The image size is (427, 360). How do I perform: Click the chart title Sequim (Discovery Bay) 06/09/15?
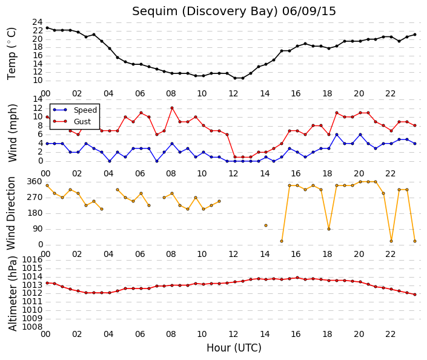coord(234,12)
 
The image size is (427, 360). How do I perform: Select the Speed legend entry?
coord(75,110)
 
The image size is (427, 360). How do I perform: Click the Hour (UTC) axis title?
coord(234,348)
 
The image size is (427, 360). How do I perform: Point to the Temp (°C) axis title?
coord(12,53)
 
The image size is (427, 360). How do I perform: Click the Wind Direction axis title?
coord(11,213)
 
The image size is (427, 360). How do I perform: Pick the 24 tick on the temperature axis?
coord(38,22)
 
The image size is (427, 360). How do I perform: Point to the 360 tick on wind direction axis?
coord(35,182)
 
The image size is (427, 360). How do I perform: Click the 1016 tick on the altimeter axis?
coord(32,260)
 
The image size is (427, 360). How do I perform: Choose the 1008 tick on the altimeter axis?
coord(32,327)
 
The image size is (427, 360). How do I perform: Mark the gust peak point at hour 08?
coord(172,108)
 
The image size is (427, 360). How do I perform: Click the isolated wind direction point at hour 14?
coord(266,225)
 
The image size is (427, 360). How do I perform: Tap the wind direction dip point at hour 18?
coord(329,229)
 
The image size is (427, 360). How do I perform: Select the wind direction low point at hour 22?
coord(391,241)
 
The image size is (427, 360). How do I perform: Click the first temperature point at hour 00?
coord(47,28)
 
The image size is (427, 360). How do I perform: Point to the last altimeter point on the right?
coord(415,295)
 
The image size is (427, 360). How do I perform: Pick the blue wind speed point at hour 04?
coord(110,161)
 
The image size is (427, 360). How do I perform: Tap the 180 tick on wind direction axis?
coord(35,213)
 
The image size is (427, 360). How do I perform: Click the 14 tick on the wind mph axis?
coord(38,99)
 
